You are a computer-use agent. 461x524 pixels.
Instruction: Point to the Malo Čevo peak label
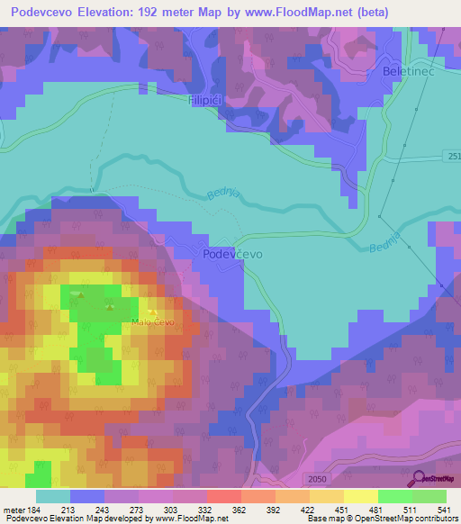pyautogui.click(x=152, y=321)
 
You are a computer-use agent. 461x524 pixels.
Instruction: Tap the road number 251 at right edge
pyautogui.click(x=453, y=158)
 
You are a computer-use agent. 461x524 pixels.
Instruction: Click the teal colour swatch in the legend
pyautogui.click(x=53, y=496)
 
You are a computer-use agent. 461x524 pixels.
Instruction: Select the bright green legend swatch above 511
pyautogui.click(x=395, y=496)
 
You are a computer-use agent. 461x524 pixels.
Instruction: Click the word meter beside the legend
pyautogui.click(x=14, y=510)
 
